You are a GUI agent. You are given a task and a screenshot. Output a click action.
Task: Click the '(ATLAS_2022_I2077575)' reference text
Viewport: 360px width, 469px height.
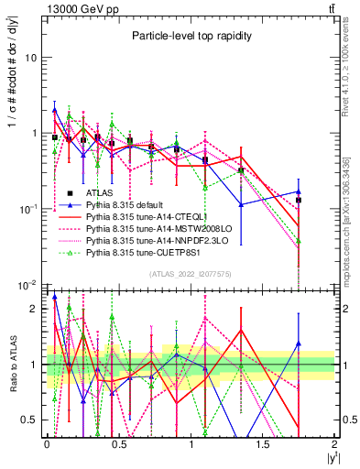point(189,274)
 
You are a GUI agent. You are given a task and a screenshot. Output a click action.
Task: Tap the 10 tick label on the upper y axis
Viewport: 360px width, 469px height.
point(30,57)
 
